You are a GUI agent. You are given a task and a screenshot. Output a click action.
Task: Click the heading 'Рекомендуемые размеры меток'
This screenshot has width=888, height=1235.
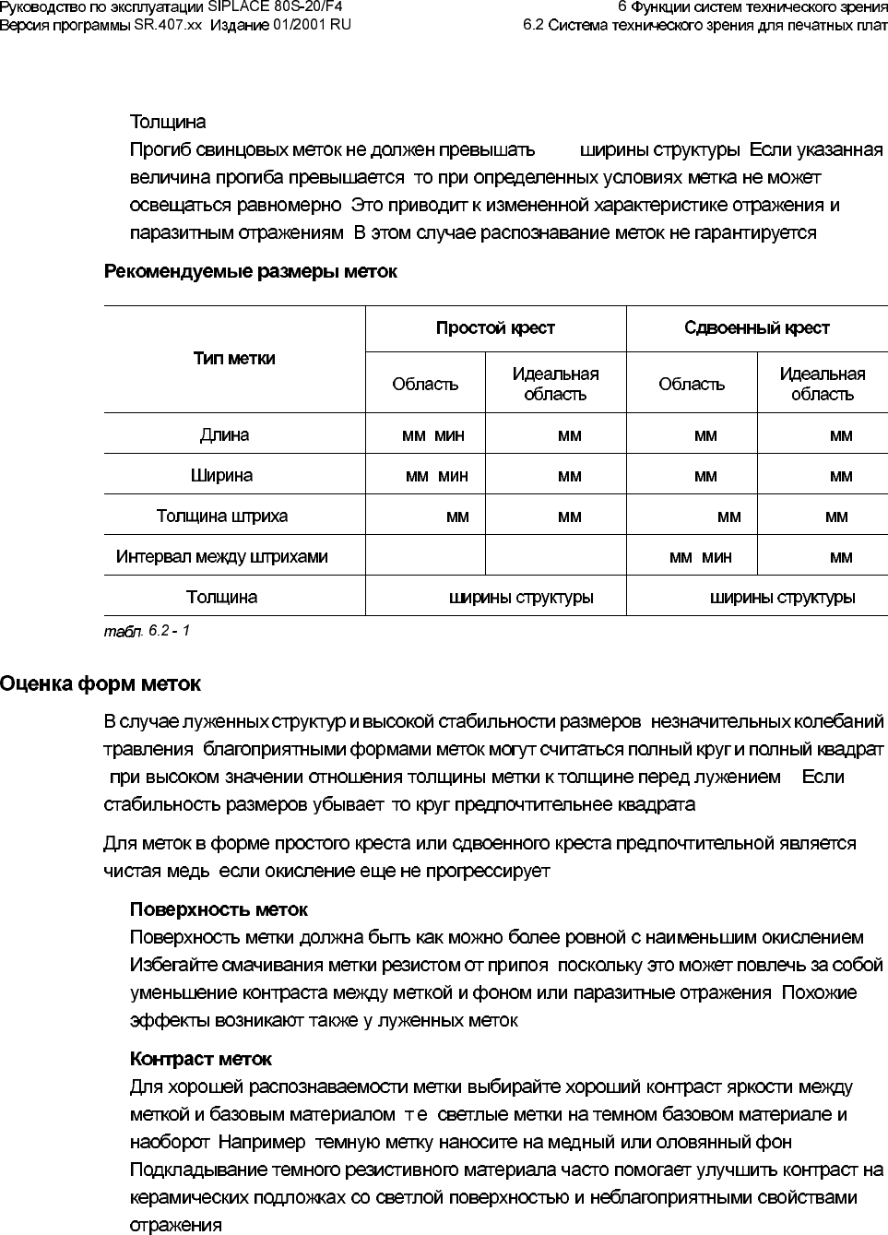(251, 271)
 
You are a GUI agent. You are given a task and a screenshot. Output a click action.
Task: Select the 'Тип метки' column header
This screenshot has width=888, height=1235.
(234, 359)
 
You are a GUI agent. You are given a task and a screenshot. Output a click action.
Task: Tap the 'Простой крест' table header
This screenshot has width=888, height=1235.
(495, 328)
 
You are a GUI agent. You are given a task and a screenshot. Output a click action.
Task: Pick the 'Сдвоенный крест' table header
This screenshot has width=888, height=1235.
(756, 328)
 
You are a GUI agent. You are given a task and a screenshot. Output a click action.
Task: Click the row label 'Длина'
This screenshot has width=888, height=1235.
(224, 434)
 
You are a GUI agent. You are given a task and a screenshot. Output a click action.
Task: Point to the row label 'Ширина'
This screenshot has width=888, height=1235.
(221, 476)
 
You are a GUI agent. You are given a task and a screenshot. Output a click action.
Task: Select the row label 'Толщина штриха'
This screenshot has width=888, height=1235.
(222, 517)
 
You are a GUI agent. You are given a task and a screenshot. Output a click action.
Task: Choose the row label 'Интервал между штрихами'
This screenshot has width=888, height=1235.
(221, 557)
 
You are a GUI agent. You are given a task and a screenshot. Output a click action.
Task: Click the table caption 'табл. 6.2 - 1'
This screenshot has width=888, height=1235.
(147, 631)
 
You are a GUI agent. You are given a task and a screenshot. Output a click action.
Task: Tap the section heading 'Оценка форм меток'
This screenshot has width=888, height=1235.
(101, 684)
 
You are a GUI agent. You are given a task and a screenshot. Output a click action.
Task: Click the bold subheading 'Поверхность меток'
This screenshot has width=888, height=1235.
(219, 910)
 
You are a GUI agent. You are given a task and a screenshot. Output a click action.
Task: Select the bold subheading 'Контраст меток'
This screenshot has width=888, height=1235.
(201, 1059)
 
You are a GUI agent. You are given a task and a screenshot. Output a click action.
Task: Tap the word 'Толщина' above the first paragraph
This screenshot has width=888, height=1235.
(168, 123)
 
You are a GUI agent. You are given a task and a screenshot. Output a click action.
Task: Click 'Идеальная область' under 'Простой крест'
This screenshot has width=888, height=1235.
(555, 384)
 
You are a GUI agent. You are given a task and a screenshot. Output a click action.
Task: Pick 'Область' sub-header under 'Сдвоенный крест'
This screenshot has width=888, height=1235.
(692, 385)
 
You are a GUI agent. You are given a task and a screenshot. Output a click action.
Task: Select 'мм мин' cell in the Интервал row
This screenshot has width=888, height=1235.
(700, 557)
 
